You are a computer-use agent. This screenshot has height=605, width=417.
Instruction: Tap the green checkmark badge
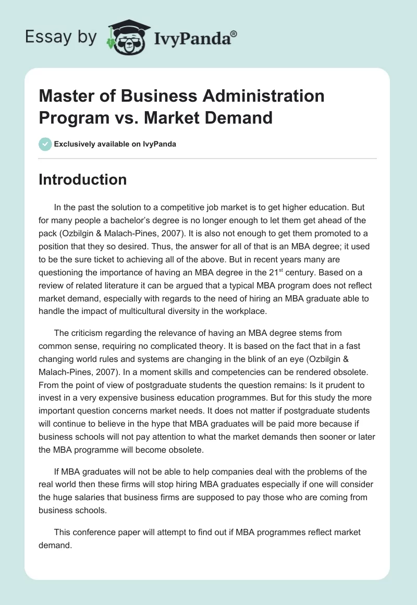click(45, 144)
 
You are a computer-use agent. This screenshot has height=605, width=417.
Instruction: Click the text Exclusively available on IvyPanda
click(115, 144)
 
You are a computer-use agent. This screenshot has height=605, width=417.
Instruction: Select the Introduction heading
click(82, 179)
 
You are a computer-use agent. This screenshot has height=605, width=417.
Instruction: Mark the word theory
click(245, 346)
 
